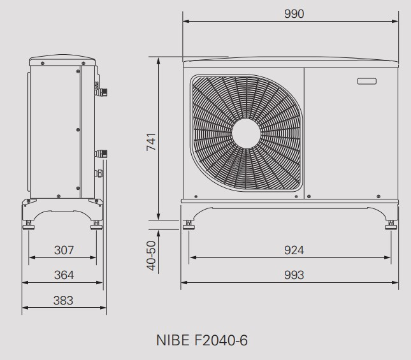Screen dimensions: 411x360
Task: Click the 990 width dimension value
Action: coord(294,14)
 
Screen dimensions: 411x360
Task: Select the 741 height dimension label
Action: coord(151,142)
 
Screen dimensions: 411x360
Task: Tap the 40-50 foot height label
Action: coord(151,256)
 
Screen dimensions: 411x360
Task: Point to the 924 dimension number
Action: coord(294,250)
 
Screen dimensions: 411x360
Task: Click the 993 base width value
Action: coord(294,275)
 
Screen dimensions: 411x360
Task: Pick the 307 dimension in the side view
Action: coord(64,250)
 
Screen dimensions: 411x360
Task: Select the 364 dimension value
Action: coord(64,275)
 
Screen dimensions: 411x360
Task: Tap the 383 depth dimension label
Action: coord(63,301)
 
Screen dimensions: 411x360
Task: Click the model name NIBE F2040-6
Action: coord(201,340)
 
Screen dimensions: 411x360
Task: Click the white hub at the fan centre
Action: coord(246,133)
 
